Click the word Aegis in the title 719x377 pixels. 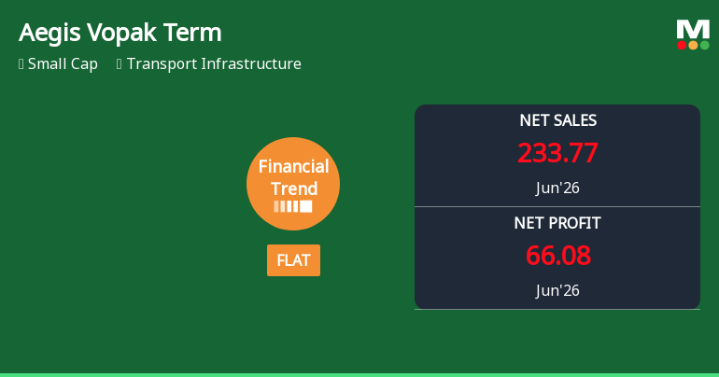[x=50, y=34]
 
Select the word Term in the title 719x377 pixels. [x=192, y=33]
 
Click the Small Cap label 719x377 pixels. [x=63, y=63]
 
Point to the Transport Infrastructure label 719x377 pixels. [x=214, y=63]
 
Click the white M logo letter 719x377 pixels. [x=693, y=29]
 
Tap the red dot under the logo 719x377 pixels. [x=682, y=45]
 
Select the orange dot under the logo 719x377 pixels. [x=693, y=45]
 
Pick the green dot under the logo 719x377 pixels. [x=704, y=45]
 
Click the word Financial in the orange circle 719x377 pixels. [x=293, y=166]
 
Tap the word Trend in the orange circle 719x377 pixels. [x=293, y=188]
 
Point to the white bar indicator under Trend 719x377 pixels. [x=293, y=206]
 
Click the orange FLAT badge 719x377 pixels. [x=293, y=260]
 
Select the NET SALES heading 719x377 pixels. [x=558, y=120]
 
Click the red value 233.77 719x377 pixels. [x=557, y=152]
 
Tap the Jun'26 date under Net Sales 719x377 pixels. [x=557, y=188]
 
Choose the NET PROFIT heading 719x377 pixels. [x=557, y=223]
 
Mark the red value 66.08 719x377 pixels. [x=558, y=255]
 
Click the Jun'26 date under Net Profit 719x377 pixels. [x=557, y=290]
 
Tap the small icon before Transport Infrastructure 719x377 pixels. [x=120, y=64]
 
